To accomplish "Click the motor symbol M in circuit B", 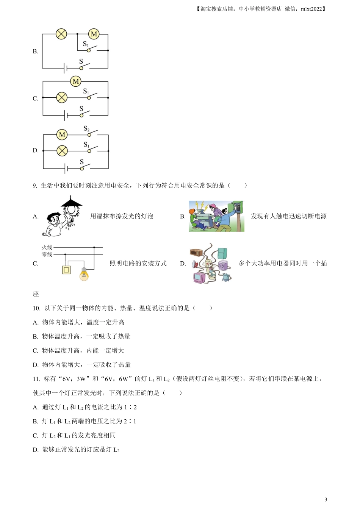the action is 94,34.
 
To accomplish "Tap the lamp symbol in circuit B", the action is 61,34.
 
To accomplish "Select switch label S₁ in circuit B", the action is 86,44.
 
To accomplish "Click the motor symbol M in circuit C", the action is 76,81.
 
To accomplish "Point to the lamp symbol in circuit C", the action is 62,98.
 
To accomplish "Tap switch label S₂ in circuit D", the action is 86,129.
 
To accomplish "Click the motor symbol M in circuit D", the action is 62,134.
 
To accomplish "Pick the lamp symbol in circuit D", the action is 62,151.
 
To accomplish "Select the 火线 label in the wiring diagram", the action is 47,247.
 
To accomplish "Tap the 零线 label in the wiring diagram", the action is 47,254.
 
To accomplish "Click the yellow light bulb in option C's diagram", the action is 84,274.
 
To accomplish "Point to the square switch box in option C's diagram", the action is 66,270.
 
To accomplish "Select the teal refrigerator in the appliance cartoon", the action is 222,253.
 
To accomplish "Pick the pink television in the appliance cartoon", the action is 199,278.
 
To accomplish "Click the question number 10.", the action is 36,308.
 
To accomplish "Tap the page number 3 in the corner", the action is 326,499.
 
